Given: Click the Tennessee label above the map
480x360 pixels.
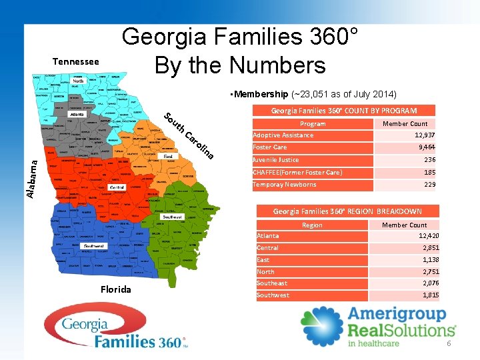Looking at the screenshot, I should (75, 62).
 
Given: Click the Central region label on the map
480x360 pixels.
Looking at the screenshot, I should (117, 188).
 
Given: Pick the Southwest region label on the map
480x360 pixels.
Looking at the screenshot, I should (93, 246).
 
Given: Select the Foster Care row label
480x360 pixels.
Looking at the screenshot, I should (270, 147).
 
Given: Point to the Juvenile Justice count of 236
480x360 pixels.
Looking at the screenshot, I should (429, 160).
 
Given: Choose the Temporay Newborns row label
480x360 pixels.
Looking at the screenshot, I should (284, 185).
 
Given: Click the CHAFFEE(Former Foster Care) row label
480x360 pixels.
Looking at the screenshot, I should (297, 173).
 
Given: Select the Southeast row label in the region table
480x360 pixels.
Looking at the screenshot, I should (272, 283).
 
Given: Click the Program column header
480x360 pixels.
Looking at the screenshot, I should (313, 124).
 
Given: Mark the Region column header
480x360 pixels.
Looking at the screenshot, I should (312, 225).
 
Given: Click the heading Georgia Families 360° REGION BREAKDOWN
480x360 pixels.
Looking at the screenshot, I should (347, 211).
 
